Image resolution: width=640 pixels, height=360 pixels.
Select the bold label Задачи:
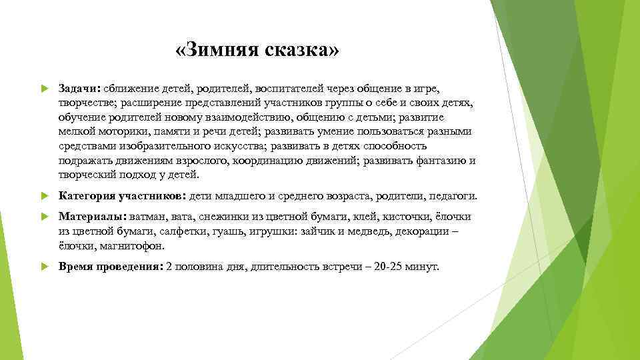pyautogui.click(x=79, y=88)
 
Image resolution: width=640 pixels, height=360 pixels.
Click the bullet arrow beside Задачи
pyautogui.click(x=44, y=88)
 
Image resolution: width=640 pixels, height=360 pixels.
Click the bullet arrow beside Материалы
pyautogui.click(x=44, y=217)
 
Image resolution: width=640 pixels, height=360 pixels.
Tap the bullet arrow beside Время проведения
pyautogui.click(x=44, y=267)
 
